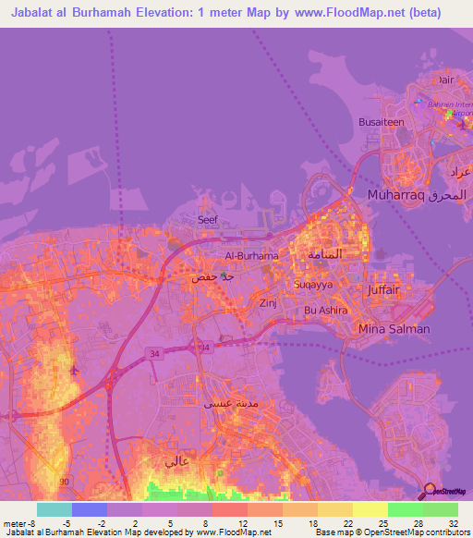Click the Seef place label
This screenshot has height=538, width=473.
207,220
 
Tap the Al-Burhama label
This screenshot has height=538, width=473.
251,256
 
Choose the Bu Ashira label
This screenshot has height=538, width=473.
325,311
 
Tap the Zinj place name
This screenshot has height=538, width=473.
269,302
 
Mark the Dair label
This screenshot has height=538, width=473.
446,79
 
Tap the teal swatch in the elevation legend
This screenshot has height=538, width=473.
55,509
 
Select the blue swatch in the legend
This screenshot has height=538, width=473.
90,509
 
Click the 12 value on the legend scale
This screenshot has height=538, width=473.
243,522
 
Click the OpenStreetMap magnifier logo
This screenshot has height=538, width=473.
431,490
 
